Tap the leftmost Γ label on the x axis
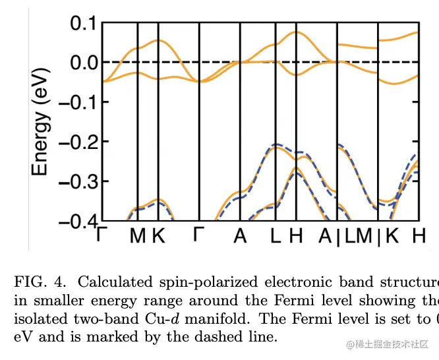pos(102,235)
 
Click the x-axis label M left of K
pos(137,235)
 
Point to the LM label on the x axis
pos(357,235)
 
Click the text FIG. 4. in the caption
pos(42,282)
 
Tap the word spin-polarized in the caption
pos(202,283)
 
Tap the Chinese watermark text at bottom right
pos(389,344)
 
